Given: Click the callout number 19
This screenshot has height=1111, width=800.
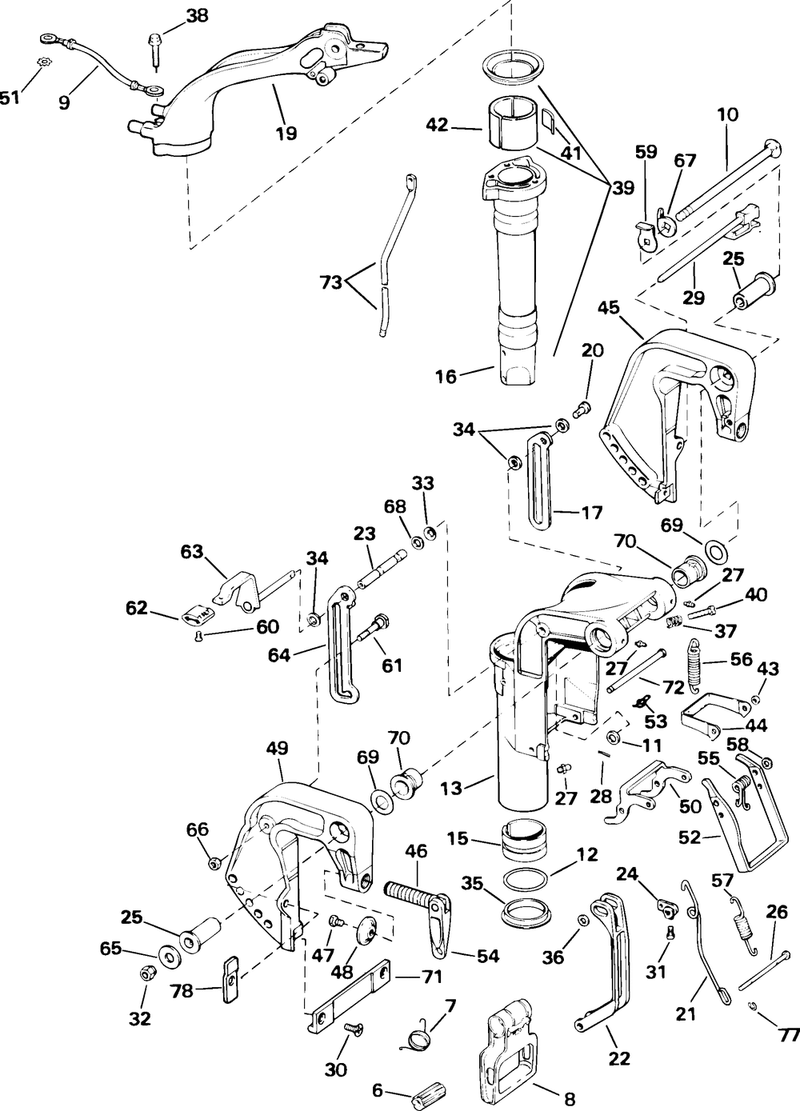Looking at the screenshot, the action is (x=286, y=133).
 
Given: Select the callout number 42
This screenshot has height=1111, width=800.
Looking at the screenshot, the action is (x=438, y=125).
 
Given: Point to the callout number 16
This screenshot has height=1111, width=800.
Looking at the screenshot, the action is (x=446, y=377).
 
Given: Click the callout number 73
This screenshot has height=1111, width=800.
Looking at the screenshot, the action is (x=331, y=282).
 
